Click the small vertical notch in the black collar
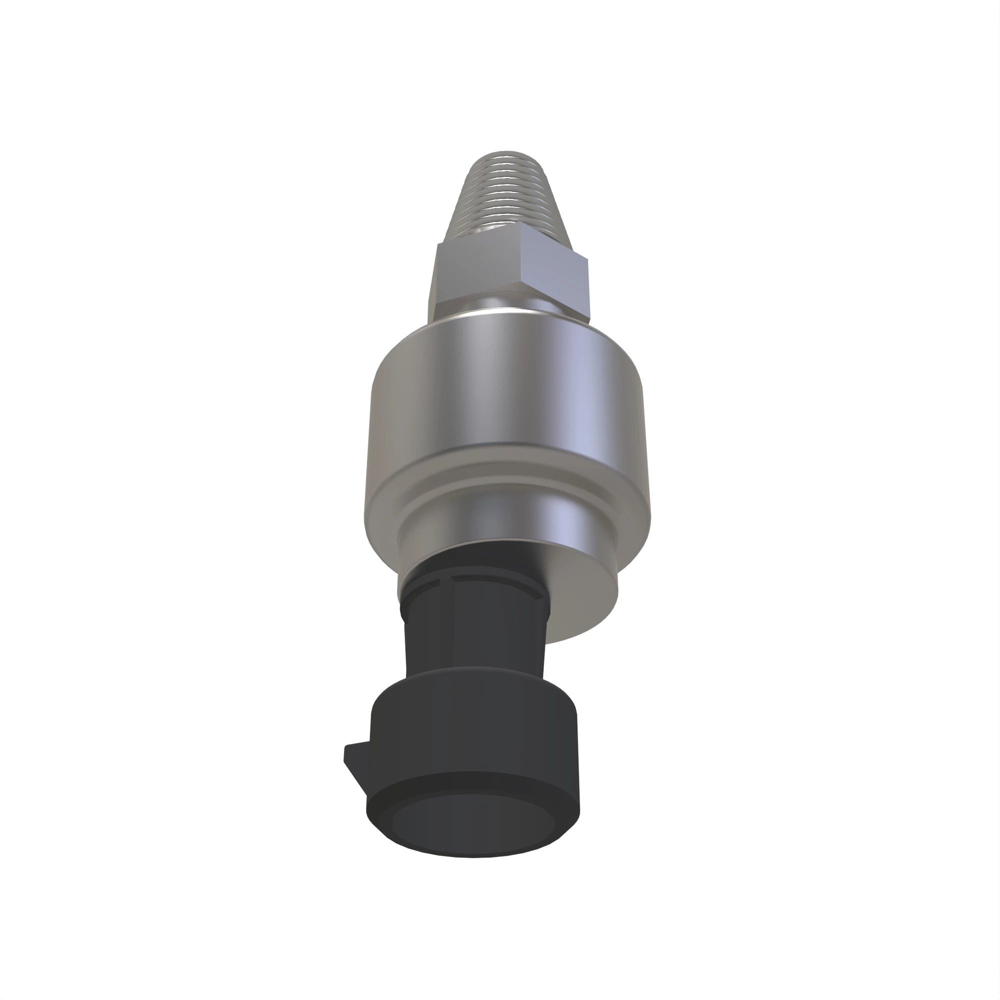tap(450, 579)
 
